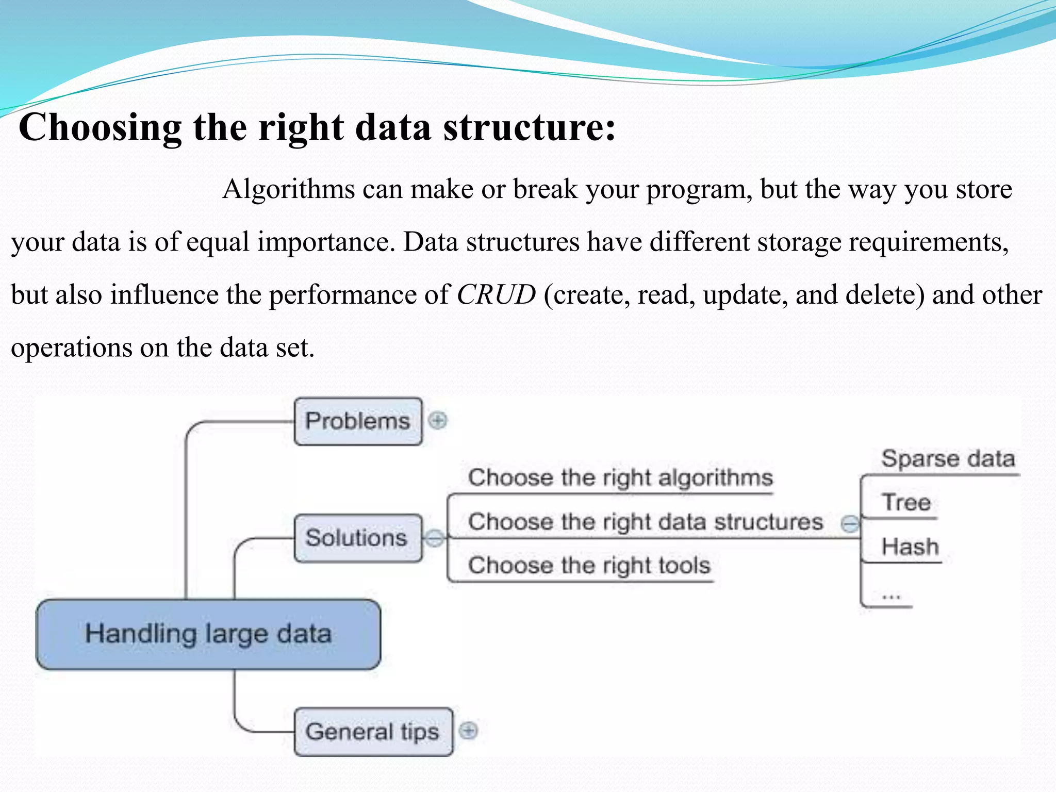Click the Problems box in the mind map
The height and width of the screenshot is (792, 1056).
point(358,421)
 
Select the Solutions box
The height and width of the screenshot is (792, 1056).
point(358,538)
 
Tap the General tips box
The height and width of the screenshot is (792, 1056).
point(373,732)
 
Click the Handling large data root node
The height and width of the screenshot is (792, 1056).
point(208,634)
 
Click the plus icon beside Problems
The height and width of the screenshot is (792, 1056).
point(438,421)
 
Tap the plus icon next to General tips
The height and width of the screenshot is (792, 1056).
point(468,731)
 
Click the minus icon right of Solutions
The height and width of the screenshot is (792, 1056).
point(435,538)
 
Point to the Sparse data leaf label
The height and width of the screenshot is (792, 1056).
point(948,459)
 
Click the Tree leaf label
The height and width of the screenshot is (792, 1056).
point(906,502)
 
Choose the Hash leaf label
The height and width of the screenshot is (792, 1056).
point(910,547)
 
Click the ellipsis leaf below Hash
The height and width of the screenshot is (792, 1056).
point(890,597)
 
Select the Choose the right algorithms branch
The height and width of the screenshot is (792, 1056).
point(620,477)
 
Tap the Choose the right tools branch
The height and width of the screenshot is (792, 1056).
point(589,565)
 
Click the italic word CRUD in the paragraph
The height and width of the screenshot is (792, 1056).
point(496,295)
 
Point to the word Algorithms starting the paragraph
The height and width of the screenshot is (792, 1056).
point(289,189)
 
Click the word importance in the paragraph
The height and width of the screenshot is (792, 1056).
point(326,242)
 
